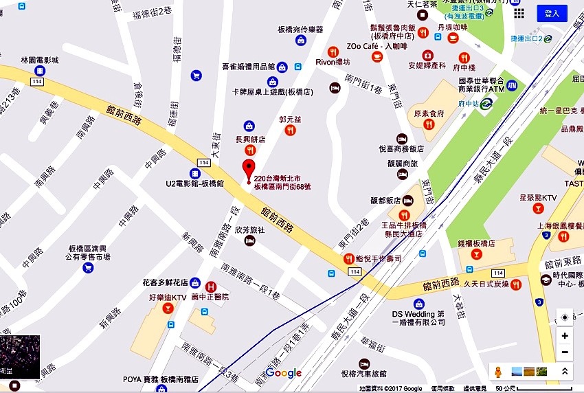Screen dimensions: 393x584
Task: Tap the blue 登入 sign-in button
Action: pyautogui.click(x=552, y=14)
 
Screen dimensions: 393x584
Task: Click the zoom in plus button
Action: pyautogui.click(x=565, y=336)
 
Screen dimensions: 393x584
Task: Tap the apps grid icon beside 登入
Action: pyautogui.click(x=519, y=14)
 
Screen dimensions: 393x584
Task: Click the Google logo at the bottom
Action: pyautogui.click(x=283, y=373)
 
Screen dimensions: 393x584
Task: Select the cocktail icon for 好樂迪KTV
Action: pyautogui.click(x=167, y=308)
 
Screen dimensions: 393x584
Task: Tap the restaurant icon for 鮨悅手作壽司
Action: pyautogui.click(x=349, y=259)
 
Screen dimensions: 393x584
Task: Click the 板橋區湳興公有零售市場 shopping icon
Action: pyautogui.click(x=88, y=267)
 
